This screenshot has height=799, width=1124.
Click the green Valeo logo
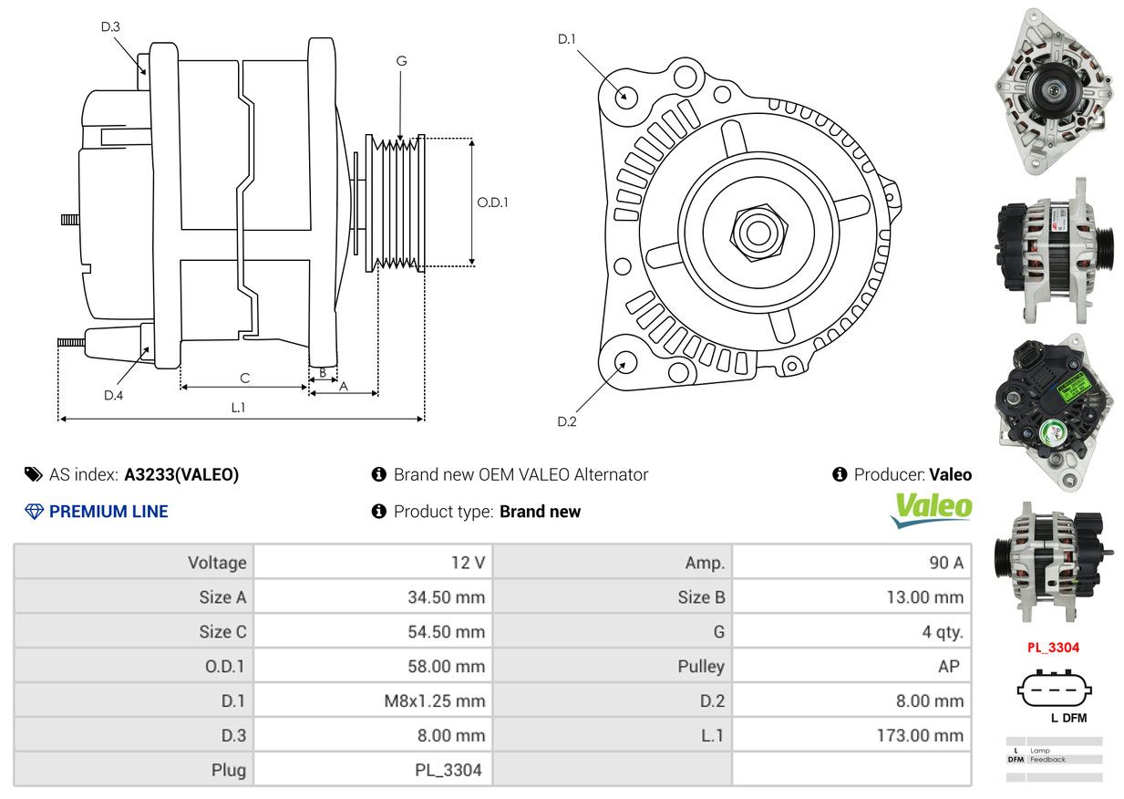click(931, 510)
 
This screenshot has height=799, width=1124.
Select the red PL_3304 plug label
click(1053, 648)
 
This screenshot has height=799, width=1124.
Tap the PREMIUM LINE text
click(108, 512)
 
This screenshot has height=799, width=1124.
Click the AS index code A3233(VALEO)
click(181, 474)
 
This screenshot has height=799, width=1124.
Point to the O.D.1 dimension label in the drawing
click(492, 202)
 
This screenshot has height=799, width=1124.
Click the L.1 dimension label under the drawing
click(238, 408)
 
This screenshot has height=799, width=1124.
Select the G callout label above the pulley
click(401, 61)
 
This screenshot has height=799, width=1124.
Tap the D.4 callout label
click(113, 395)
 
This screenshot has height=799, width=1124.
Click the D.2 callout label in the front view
click(567, 421)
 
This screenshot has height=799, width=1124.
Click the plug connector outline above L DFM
click(1054, 690)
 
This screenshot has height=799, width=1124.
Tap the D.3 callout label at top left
click(110, 26)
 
